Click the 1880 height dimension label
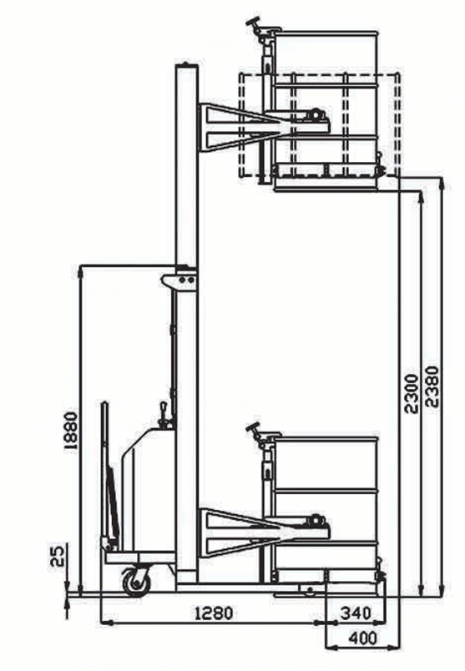[x=70, y=431]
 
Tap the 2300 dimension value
[x=412, y=394]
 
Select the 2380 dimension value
[x=433, y=386]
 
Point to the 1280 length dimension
[x=214, y=613]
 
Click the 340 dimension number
[x=356, y=613]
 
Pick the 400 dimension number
[x=363, y=638]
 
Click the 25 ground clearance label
[x=58, y=555]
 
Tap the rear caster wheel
[x=137, y=581]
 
